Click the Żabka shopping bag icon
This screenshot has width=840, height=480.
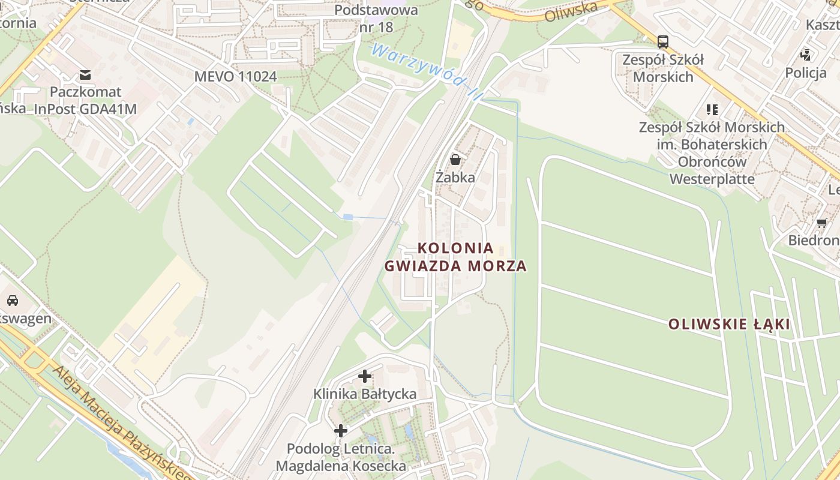coord(455,160)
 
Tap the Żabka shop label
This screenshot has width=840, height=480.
coord(455,178)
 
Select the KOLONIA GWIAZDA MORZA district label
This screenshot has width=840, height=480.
coord(455,257)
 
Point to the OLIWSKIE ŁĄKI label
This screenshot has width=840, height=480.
coord(729,325)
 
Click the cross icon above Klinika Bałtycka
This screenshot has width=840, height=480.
coord(364,377)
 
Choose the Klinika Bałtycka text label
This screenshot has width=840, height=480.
coord(365,394)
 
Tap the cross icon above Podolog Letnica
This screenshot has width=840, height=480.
coord(340,431)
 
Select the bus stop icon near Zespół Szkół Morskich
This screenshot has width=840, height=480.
coord(662,42)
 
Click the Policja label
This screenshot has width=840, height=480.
coord(806,73)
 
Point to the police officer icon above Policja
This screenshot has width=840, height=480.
coord(805,55)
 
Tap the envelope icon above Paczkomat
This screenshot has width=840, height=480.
coord(85,75)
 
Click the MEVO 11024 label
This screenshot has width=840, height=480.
coord(235,76)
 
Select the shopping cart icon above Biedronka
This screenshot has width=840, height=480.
coord(821,223)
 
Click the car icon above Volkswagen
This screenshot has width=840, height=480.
coord(13,301)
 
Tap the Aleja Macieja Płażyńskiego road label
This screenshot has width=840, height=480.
coord(120,420)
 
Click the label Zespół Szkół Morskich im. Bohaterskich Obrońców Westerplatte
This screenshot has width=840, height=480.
coord(712,153)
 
